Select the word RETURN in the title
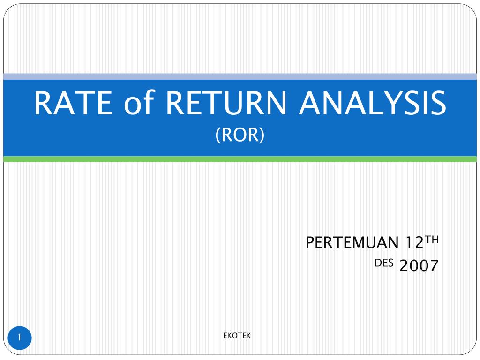[x=225, y=104]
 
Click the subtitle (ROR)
[x=240, y=135]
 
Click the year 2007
[x=419, y=266]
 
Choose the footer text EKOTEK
[x=237, y=335]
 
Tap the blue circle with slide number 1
[x=20, y=337]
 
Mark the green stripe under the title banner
[x=240, y=159]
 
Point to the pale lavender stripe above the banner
[x=240, y=76]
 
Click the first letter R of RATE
[x=43, y=104]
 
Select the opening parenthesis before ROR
[x=217, y=135]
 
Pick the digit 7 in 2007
[x=434, y=266]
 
